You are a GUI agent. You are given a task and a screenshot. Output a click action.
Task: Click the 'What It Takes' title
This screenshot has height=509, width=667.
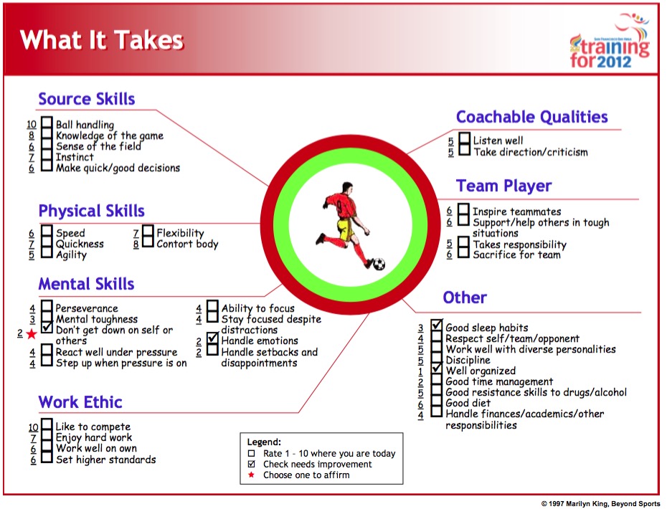tap(102, 40)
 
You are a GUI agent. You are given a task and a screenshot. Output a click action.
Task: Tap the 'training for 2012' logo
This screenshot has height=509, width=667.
tap(610, 41)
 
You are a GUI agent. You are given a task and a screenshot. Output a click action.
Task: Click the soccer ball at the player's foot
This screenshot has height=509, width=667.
tap(379, 264)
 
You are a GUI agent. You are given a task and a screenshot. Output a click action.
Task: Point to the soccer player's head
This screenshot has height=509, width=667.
tap(347, 189)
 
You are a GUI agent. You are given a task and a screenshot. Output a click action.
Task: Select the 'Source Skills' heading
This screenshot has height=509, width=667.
tap(87, 99)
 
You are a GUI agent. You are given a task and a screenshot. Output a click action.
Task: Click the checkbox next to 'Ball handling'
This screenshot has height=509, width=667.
tap(47, 123)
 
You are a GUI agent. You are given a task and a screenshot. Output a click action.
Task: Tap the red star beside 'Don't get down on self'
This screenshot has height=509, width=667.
tap(32, 334)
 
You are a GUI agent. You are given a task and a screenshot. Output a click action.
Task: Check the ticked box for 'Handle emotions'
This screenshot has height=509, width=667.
tap(212, 338)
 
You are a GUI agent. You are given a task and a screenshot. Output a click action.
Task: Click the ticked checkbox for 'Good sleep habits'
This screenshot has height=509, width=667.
tap(437, 325)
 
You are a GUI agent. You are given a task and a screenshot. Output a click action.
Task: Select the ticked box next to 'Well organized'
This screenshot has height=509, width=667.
tap(437, 368)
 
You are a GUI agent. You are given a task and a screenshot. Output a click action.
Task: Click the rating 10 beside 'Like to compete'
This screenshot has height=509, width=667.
tap(33, 427)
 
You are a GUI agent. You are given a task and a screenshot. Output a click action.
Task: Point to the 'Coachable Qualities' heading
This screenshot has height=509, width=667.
tap(531, 117)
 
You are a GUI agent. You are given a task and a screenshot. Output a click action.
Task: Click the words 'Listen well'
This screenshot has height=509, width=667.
tap(498, 141)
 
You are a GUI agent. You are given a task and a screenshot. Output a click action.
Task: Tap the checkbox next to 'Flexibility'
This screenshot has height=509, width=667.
tap(148, 231)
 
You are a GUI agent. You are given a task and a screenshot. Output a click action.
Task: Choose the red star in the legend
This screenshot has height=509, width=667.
tap(252, 475)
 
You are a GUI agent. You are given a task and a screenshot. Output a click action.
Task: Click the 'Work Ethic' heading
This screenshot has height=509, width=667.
tap(80, 402)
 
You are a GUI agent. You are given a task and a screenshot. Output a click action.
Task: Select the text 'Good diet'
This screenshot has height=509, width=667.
tap(468, 403)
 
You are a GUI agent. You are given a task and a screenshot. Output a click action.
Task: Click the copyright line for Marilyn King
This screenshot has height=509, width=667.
tap(600, 504)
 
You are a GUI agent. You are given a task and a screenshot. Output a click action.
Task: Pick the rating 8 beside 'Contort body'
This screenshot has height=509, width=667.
tap(136, 244)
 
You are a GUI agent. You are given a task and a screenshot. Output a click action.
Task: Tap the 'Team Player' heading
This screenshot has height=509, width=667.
tap(503, 186)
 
